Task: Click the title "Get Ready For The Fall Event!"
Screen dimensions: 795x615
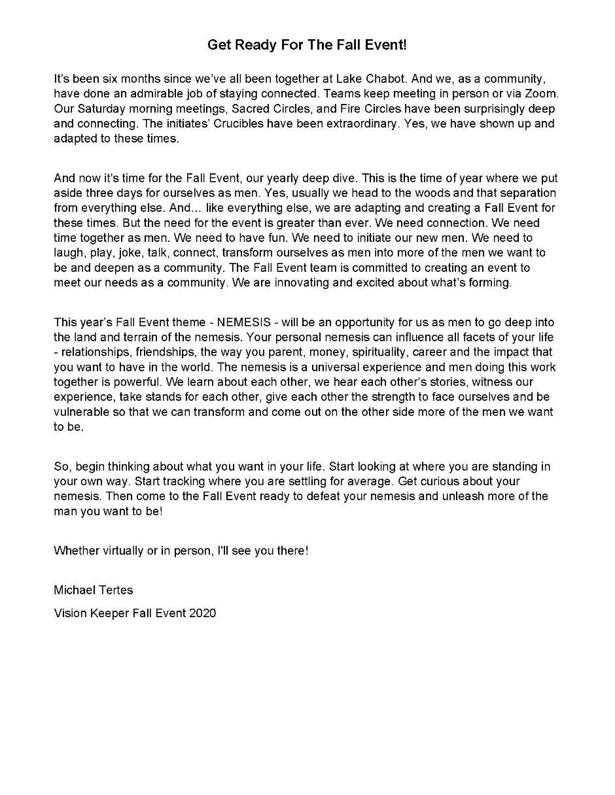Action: point(307,45)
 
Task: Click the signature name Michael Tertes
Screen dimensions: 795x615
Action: point(94,590)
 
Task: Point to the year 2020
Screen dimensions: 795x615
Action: point(202,613)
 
